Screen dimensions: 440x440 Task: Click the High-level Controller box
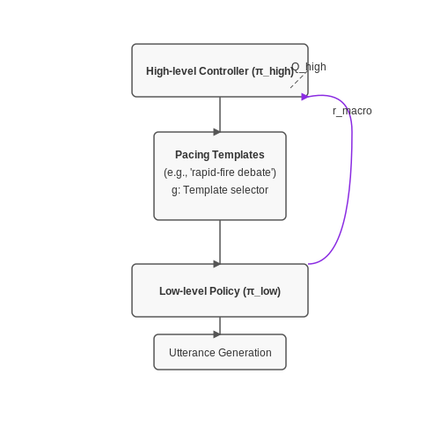[x=220, y=70]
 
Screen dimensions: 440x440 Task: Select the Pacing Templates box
[x=220, y=176]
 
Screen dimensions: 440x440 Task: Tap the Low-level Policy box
[x=220, y=290]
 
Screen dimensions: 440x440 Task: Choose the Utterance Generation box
[x=220, y=352]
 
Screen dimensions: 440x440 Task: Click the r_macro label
[x=352, y=111]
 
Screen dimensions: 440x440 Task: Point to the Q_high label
[x=309, y=67]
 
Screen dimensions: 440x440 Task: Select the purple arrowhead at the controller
[x=304, y=97]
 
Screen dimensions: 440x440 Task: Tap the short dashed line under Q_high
[x=297, y=80]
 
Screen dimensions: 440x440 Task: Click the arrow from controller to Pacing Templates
[x=220, y=114]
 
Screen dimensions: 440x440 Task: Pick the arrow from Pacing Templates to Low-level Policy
[x=220, y=242]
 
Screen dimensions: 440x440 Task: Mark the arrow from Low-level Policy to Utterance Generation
[x=220, y=326]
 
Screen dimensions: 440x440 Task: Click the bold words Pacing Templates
[x=220, y=155]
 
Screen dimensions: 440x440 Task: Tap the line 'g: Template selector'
[x=220, y=190]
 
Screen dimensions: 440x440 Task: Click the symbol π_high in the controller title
[x=272, y=71]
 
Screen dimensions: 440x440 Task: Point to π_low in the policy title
[x=261, y=291]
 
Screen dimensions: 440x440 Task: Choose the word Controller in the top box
[x=224, y=71]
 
